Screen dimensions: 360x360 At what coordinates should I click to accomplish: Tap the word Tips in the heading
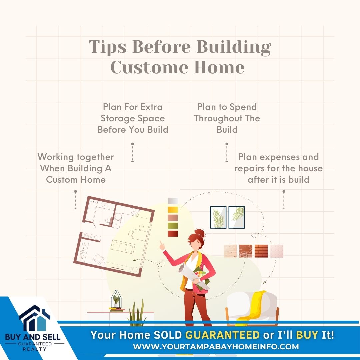point(107,47)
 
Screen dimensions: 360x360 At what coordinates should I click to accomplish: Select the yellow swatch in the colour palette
point(173,209)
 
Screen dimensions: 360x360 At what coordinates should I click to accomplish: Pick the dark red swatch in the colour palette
point(173,234)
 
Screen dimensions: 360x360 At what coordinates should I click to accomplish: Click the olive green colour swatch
point(173,225)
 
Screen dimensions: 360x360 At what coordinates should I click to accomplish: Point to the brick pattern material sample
point(261,251)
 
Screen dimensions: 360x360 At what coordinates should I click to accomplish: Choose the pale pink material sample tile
point(277,251)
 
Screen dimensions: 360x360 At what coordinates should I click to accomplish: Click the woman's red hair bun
point(200,233)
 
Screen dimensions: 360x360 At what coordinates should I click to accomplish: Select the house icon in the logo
point(34,318)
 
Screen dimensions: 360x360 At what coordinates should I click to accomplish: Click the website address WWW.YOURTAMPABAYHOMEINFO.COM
point(216,346)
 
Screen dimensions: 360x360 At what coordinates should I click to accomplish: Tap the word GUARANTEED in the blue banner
point(222,335)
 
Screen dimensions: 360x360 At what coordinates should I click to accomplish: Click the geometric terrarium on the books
point(116,299)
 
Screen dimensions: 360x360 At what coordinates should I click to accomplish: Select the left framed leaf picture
point(218,217)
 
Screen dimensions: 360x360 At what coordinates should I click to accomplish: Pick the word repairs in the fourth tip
point(249,169)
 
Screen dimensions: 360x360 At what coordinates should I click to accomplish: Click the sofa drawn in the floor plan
point(123,246)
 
